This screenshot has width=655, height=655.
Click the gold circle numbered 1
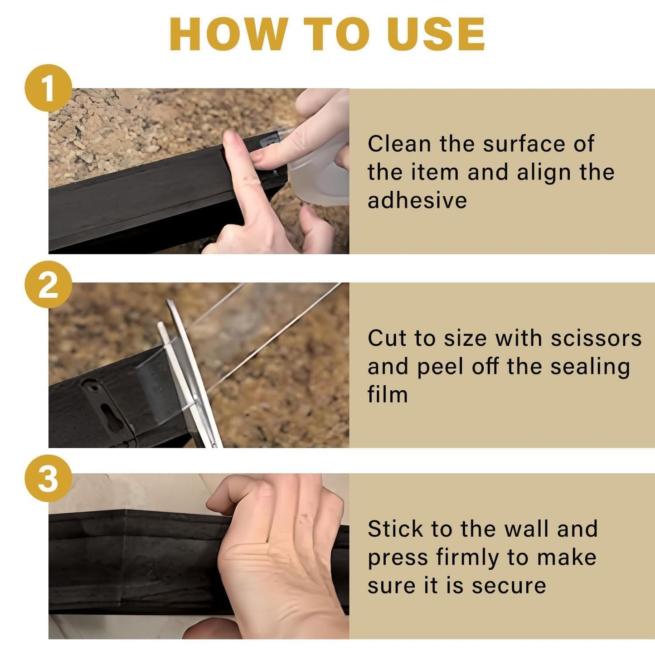(48, 88)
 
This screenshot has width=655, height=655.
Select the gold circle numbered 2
(48, 285)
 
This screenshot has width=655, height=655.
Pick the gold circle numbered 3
(48, 479)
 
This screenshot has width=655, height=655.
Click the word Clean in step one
(399, 144)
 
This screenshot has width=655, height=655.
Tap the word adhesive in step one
(417, 200)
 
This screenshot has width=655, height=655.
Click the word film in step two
(388, 394)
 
